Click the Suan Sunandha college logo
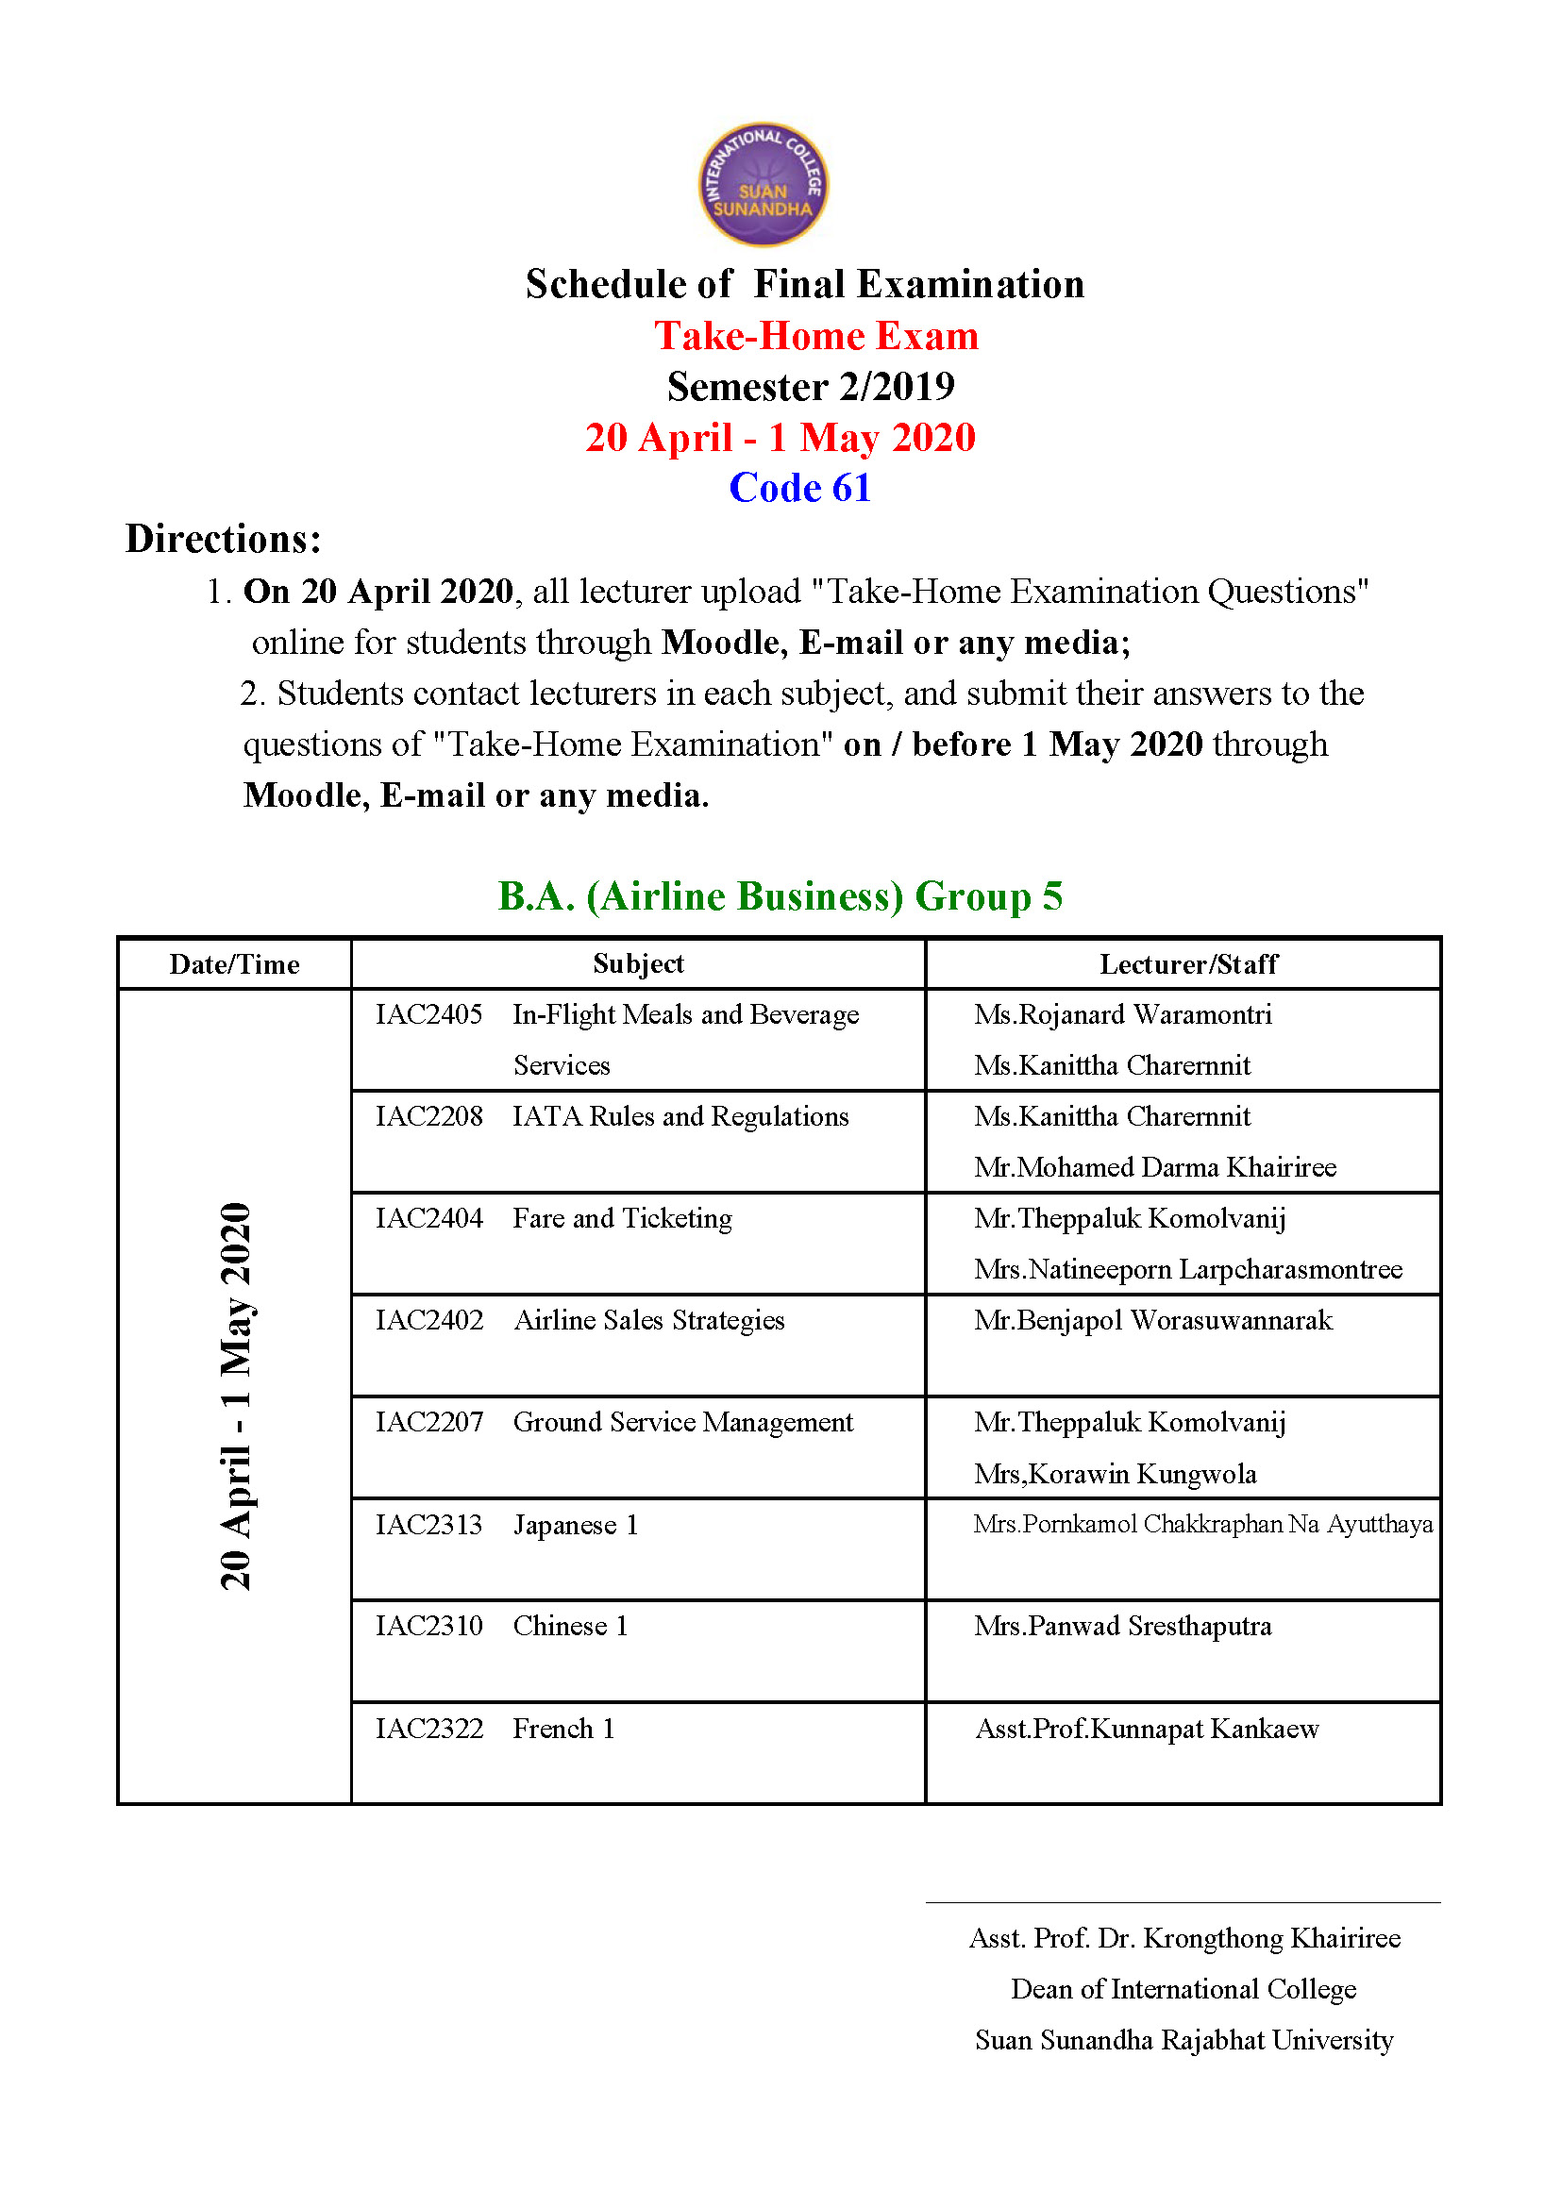pos(763,184)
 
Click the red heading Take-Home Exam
pos(816,337)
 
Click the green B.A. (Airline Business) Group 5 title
pos(780,895)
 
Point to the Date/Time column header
pos(235,964)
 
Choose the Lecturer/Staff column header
pos(1188,964)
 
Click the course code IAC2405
pos(428,1014)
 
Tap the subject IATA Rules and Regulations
pos(680,1116)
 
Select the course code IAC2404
pos(428,1218)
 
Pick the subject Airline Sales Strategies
pos(648,1320)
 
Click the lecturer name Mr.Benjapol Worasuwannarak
pos(1152,1320)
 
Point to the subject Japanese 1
pos(575,1525)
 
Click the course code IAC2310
pos(428,1626)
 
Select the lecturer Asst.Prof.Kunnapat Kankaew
pos(1147,1729)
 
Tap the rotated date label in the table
pos(236,1396)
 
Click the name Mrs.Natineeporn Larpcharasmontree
pos(1187,1269)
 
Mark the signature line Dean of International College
pos(1183,1988)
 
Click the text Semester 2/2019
pos(811,387)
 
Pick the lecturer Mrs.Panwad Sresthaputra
pos(1122,1626)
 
